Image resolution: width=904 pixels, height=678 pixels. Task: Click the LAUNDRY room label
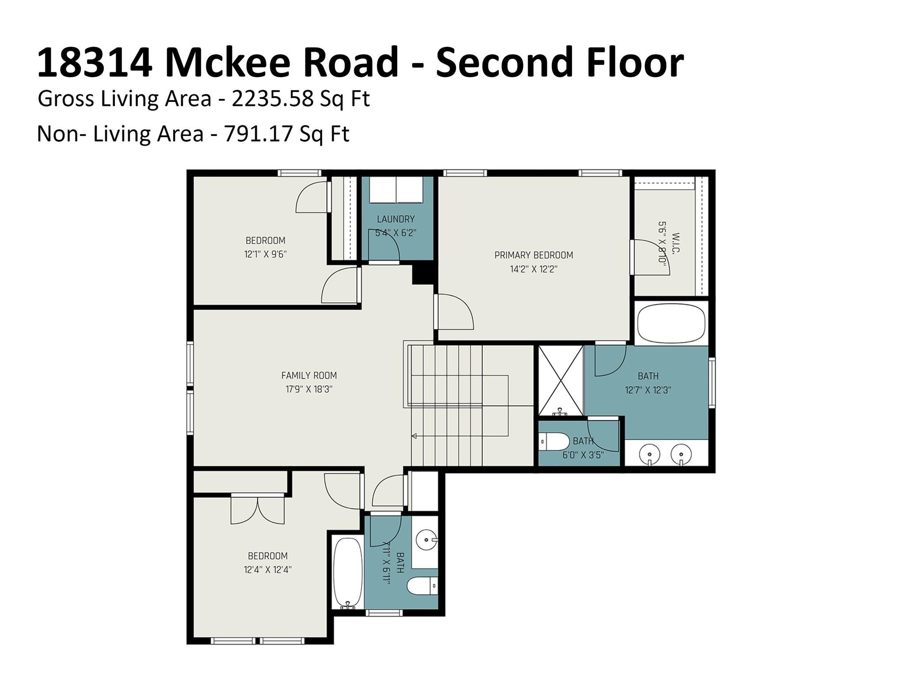[395, 219]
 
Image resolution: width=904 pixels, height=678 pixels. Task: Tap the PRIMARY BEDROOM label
[533, 255]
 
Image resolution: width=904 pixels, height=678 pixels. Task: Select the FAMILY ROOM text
[309, 376]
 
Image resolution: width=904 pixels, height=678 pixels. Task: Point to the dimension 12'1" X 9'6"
[265, 254]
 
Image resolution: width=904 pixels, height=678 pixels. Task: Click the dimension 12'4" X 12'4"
[267, 569]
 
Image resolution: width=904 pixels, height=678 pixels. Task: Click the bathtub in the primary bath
[671, 323]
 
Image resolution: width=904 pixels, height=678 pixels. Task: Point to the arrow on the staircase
[414, 436]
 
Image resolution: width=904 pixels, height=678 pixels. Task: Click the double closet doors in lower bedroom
[257, 510]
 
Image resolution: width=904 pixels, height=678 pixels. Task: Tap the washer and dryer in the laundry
[396, 190]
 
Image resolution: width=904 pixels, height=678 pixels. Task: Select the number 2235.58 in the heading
[272, 99]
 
